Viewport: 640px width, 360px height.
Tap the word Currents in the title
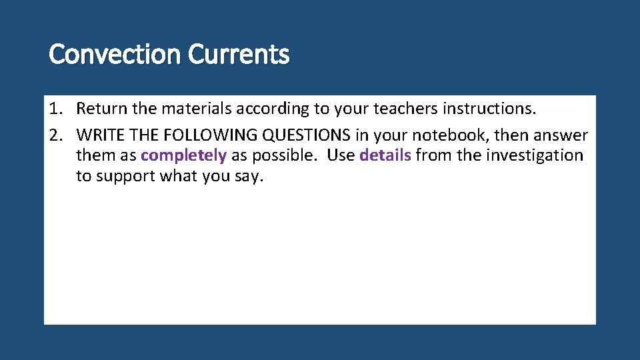(239, 54)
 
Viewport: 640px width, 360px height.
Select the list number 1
(55, 108)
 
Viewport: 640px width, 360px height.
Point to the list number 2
(55, 135)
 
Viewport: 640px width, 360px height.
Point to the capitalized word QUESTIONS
(307, 135)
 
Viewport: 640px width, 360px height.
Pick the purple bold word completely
(184, 156)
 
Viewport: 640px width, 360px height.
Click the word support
(126, 177)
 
